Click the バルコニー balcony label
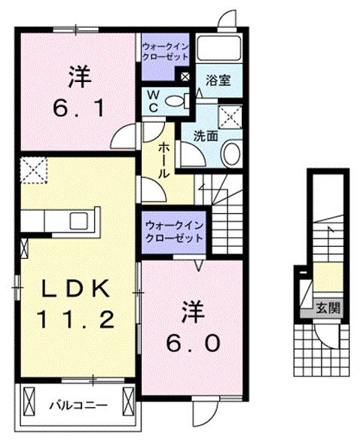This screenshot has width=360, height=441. click(78, 406)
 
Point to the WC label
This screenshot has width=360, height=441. click(151, 100)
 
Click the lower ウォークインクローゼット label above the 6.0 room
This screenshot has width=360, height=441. click(174, 230)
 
